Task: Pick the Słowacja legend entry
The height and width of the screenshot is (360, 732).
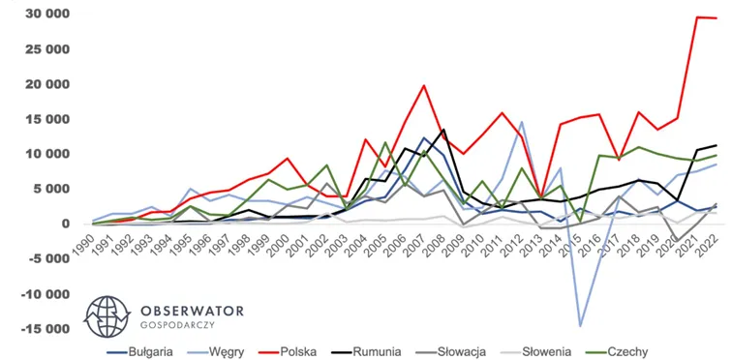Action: click(448, 351)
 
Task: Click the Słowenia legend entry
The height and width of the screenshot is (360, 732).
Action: click(534, 351)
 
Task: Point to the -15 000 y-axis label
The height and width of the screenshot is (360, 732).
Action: click(41, 329)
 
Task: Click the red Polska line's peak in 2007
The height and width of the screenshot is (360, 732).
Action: click(423, 85)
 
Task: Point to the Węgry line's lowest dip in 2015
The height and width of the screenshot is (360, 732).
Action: click(580, 325)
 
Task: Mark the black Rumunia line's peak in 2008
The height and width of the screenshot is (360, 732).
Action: click(443, 130)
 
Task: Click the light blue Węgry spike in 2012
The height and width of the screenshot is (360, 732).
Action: click(522, 122)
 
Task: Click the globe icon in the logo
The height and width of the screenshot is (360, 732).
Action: click(107, 316)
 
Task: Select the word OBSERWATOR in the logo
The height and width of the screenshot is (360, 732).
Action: click(192, 311)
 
